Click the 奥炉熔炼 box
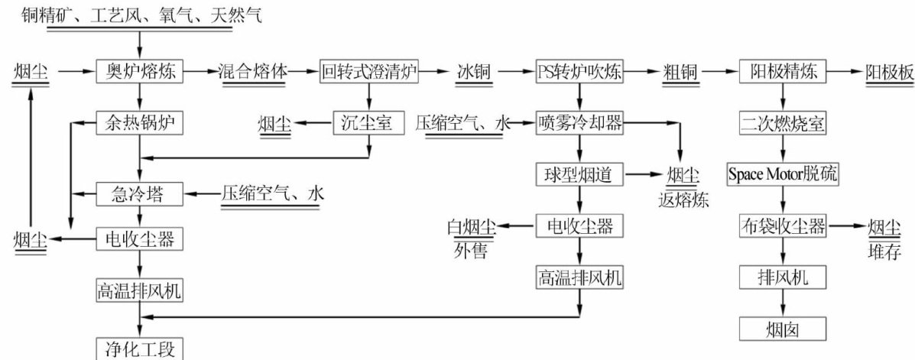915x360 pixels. pyautogui.click(x=141, y=73)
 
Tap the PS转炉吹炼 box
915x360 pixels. pyautogui.click(x=579, y=73)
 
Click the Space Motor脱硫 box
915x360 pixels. pyautogui.click(x=782, y=174)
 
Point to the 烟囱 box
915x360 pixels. pyautogui.click(x=782, y=329)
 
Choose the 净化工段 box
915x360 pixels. pyautogui.click(x=140, y=350)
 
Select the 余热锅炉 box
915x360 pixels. pyautogui.click(x=140, y=122)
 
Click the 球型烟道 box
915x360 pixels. pyautogui.click(x=579, y=174)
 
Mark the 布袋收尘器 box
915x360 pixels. pyautogui.click(x=782, y=226)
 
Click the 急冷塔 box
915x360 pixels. pyautogui.click(x=140, y=193)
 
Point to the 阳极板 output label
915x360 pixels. pyautogui.click(x=889, y=73)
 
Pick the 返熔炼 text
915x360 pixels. pyautogui.click(x=682, y=201)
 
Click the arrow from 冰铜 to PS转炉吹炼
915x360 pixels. pyautogui.click(x=517, y=73)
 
